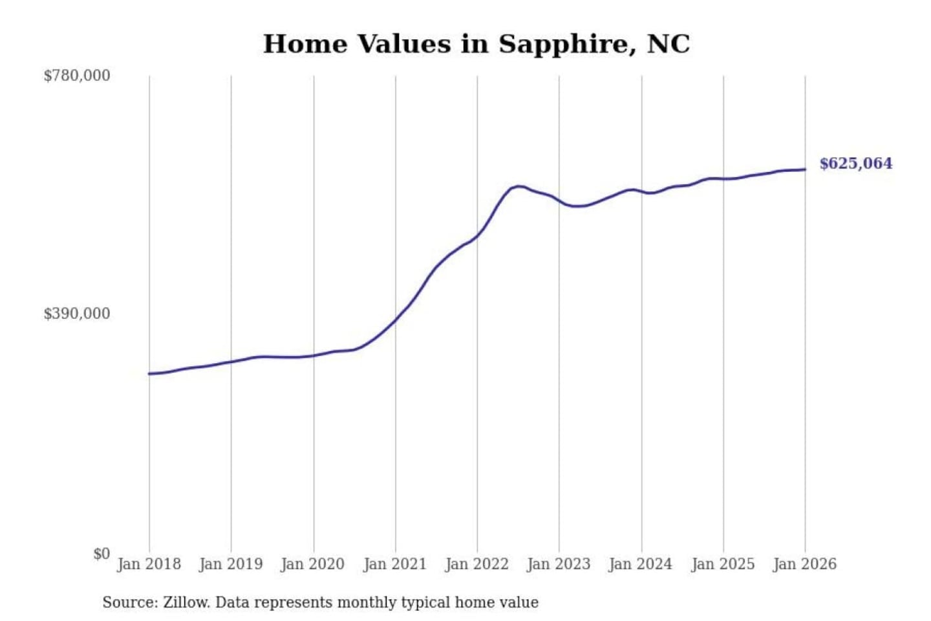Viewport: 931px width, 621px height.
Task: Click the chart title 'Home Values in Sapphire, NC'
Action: point(476,44)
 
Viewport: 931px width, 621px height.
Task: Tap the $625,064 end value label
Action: point(855,164)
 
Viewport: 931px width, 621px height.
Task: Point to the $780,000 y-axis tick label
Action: point(77,76)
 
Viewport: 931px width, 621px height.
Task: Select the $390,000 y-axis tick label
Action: point(77,314)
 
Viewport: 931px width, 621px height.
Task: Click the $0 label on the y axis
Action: point(101,554)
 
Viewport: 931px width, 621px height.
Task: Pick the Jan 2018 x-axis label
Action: point(149,564)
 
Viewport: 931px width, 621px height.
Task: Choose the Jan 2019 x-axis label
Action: point(231,564)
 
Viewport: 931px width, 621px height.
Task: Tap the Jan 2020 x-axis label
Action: point(313,564)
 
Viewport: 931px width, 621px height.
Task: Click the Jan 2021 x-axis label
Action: point(395,564)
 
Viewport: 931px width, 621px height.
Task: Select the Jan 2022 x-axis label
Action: point(477,564)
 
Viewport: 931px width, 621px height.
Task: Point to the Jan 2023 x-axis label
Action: point(559,564)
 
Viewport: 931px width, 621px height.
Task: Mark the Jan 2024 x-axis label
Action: point(641,564)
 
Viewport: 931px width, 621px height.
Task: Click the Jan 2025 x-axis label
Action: point(723,564)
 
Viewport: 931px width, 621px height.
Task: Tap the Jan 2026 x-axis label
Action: point(805,564)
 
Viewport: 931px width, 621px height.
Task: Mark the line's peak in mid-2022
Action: point(519,186)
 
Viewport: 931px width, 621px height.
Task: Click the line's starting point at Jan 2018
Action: point(149,373)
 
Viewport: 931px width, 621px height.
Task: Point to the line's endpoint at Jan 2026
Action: point(805,169)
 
